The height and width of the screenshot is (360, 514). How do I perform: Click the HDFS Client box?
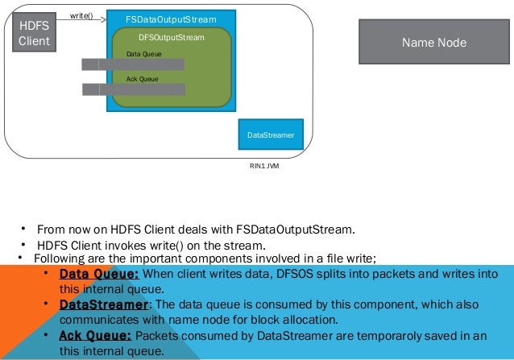(34, 34)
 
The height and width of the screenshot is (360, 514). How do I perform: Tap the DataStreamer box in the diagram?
(271, 135)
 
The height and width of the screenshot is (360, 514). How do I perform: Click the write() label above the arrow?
(81, 15)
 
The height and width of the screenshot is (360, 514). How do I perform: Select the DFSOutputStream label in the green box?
(172, 37)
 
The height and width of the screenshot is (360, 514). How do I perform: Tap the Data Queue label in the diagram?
(144, 54)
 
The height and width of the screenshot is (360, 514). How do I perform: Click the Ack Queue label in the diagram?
(143, 79)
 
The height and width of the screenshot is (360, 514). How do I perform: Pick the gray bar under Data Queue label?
(133, 64)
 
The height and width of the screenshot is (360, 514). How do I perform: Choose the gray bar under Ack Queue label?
(133, 89)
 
